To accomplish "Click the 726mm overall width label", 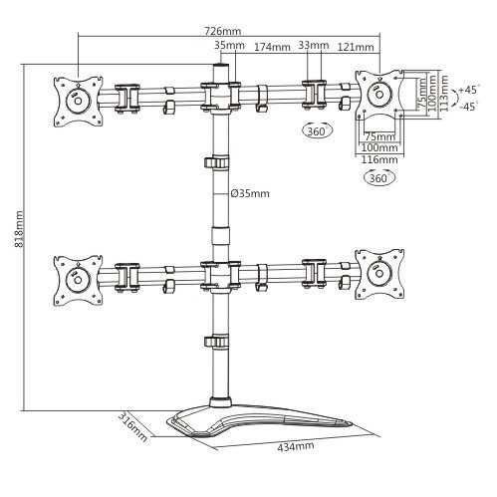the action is click(222, 31).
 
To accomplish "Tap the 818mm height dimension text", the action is click(19, 229).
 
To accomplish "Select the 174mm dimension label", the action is click(272, 47).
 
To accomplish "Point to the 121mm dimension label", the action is click(356, 47).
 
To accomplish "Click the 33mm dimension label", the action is click(314, 45).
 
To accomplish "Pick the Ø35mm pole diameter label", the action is click(250, 193).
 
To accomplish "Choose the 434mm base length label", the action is click(296, 446).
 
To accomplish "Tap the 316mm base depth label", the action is click(132, 426).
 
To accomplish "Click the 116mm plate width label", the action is click(379, 159).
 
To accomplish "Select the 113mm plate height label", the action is click(444, 94).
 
